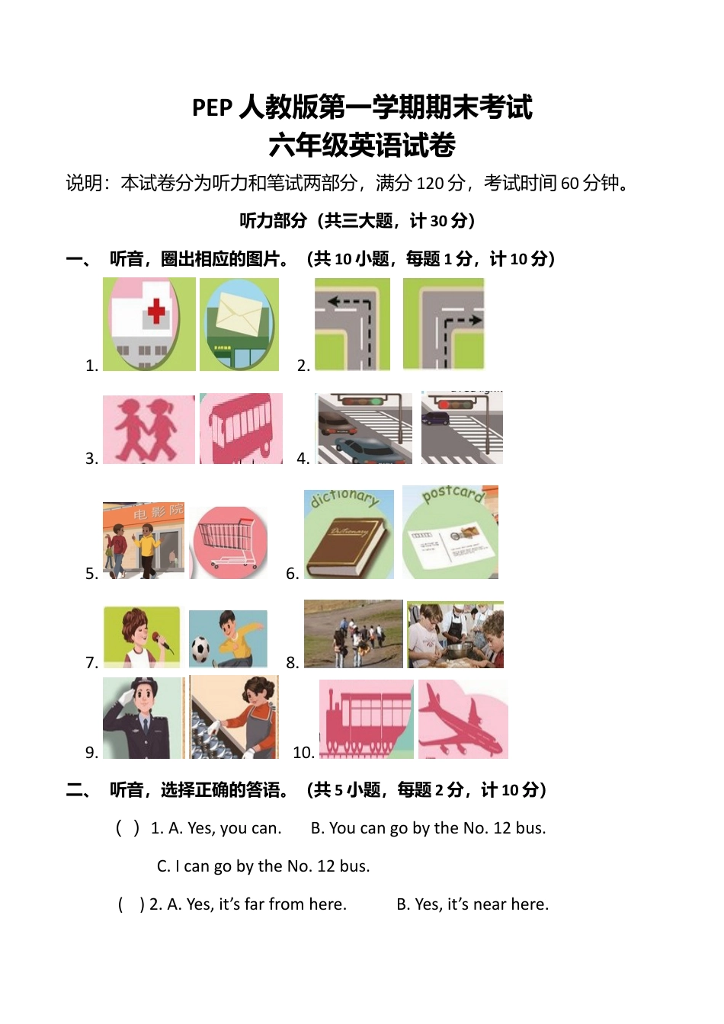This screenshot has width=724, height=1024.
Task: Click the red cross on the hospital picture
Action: coord(156,310)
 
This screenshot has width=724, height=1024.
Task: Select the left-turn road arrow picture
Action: coord(352,324)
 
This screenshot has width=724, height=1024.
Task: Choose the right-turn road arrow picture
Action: coord(444,324)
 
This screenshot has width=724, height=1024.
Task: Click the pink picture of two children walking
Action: coord(149,429)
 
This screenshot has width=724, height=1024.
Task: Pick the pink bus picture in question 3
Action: coord(241,429)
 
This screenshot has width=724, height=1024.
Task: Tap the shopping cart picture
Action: coord(228,542)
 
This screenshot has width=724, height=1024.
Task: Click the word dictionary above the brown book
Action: coord(344,498)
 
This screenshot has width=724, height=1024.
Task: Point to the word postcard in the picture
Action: coord(453,494)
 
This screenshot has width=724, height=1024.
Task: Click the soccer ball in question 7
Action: coord(200,649)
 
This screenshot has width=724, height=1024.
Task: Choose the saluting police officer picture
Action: coord(143,718)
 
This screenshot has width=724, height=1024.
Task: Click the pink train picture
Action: coord(366,719)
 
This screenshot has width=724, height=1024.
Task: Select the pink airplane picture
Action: coord(463,719)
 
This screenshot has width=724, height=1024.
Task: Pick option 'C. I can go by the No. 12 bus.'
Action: coord(263,866)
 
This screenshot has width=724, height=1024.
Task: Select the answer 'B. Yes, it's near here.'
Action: coord(473,904)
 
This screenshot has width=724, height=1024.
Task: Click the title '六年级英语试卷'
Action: coord(362,145)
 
